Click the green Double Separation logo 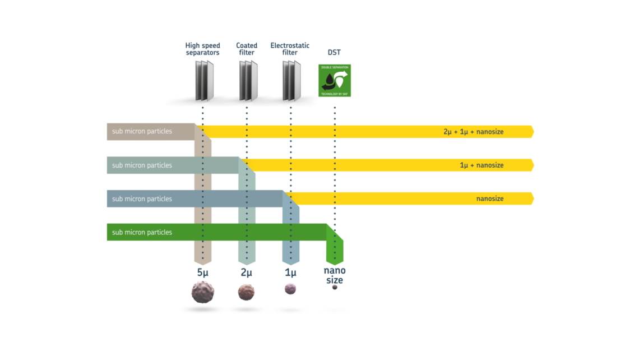334,80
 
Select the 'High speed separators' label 203,49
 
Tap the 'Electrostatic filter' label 290,49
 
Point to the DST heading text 334,52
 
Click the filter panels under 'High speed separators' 204,81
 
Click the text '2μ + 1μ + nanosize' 473,132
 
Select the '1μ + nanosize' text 481,165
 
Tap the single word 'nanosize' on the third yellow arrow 490,199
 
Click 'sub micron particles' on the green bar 142,232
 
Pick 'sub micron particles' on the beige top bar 142,132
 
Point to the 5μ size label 203,273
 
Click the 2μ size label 246,273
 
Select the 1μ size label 290,273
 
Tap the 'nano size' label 334,275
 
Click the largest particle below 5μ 202,292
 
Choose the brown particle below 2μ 246,292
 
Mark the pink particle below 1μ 290,288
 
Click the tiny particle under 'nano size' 335,287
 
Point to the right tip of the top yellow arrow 533,132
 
